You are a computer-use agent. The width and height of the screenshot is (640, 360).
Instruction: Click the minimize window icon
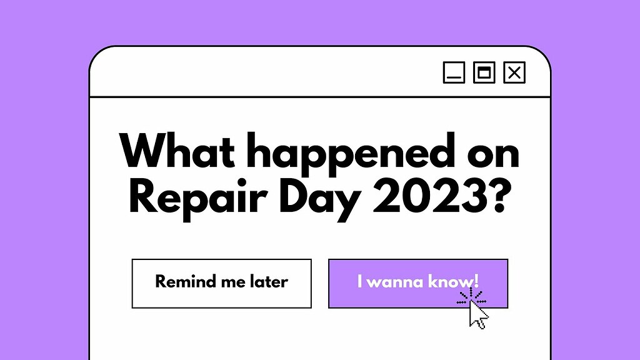coord(454,72)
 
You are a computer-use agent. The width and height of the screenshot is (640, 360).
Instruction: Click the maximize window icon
coord(484,72)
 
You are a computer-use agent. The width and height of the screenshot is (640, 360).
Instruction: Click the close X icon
coord(514,72)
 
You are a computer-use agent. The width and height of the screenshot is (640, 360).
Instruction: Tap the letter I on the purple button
coord(359,281)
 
